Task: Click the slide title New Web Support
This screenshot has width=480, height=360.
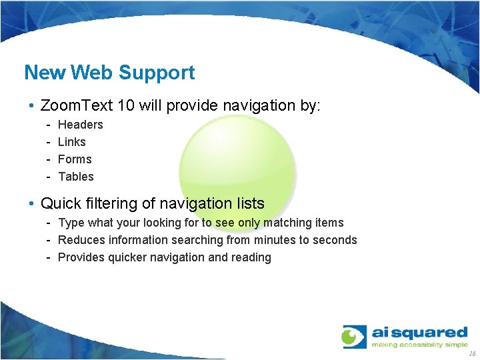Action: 109,72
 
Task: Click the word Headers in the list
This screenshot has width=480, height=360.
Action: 81,125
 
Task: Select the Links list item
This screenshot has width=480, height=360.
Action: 72,142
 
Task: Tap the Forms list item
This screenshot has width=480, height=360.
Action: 75,159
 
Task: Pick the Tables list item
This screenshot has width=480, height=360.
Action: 76,177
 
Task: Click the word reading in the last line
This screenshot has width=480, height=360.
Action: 251,257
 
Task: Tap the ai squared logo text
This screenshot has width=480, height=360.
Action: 419,331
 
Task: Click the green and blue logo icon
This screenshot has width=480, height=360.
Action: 354,337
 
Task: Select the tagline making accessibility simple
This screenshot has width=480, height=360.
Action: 420,345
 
